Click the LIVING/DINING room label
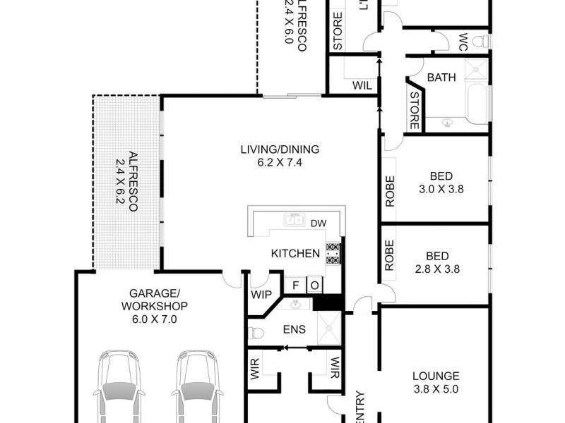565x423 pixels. pos(280,149)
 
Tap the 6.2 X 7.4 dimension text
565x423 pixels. pos(280,163)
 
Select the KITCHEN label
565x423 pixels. pos(295,254)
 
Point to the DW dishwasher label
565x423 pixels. pos(318,223)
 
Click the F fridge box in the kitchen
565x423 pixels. pos(297,286)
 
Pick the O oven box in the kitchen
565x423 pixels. pos(314,286)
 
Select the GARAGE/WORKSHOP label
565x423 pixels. pos(154,300)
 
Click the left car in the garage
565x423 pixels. pos(121,388)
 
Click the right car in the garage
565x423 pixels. pos(198,388)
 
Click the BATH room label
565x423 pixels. pos(441,77)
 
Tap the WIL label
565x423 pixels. pos(362,85)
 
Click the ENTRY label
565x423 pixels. pos(359,406)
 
